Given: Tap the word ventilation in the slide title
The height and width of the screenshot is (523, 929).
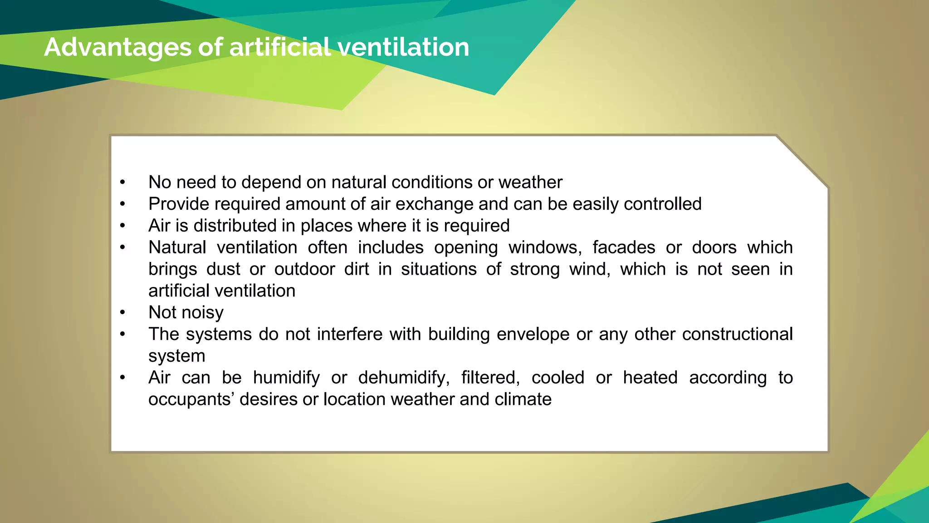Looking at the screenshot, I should click(403, 47).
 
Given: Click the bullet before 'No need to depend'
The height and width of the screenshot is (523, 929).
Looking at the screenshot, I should click(122, 183).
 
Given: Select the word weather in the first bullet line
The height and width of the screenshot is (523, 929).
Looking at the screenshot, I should click(530, 183).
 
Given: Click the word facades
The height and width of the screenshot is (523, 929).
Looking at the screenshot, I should click(624, 248).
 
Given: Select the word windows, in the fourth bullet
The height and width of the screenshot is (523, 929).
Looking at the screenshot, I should click(545, 248).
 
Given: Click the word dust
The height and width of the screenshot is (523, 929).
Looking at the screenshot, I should click(223, 269).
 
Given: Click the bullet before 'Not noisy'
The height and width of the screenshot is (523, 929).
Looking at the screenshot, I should click(122, 313).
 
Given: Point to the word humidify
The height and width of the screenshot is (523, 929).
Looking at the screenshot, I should click(286, 378).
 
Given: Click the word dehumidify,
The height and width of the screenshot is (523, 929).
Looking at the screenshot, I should click(404, 378).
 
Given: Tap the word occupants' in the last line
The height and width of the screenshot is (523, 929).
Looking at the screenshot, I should click(191, 400).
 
